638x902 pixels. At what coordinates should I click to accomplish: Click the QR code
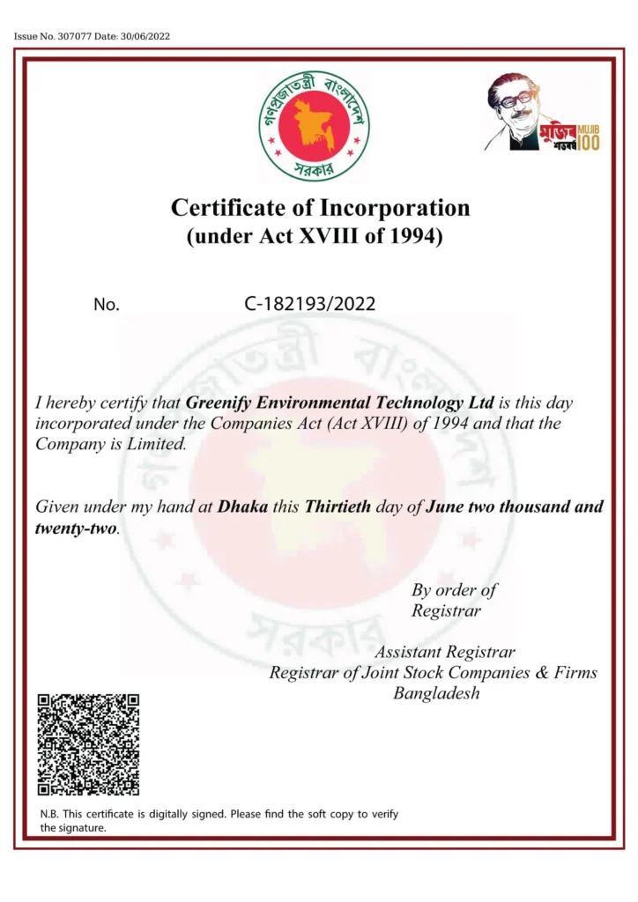(88, 744)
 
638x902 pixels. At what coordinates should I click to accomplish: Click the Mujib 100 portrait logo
(543, 112)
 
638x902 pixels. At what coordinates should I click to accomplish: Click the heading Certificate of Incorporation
(320, 209)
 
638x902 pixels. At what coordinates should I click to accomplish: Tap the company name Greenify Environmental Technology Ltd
(340, 403)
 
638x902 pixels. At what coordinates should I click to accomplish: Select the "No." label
(106, 305)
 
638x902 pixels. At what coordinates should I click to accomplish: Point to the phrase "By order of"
(454, 589)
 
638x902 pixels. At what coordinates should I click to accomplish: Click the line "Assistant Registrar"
(444, 653)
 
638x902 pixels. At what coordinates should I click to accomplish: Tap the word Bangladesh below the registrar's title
(436, 693)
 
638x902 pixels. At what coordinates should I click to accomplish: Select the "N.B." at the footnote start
(49, 814)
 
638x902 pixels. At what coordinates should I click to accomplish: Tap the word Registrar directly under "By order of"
(446, 610)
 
